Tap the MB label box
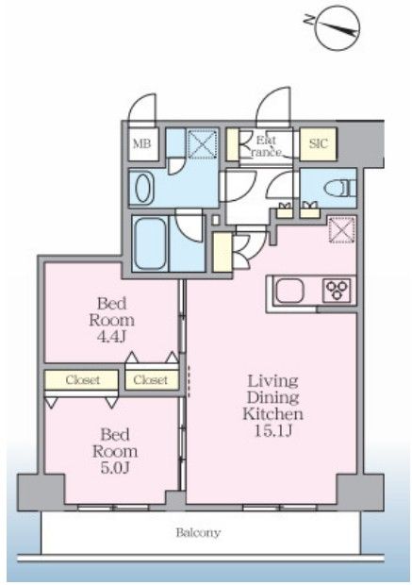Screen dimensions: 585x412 [142, 143]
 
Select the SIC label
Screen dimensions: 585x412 [318, 143]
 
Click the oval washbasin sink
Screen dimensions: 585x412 [143, 187]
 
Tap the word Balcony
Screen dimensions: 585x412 [198, 533]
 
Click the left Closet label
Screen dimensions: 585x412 [81, 379]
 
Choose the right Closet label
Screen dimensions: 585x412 [150, 379]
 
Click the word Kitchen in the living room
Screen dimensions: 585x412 [272, 414]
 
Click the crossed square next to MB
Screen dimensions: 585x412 [200, 144]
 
